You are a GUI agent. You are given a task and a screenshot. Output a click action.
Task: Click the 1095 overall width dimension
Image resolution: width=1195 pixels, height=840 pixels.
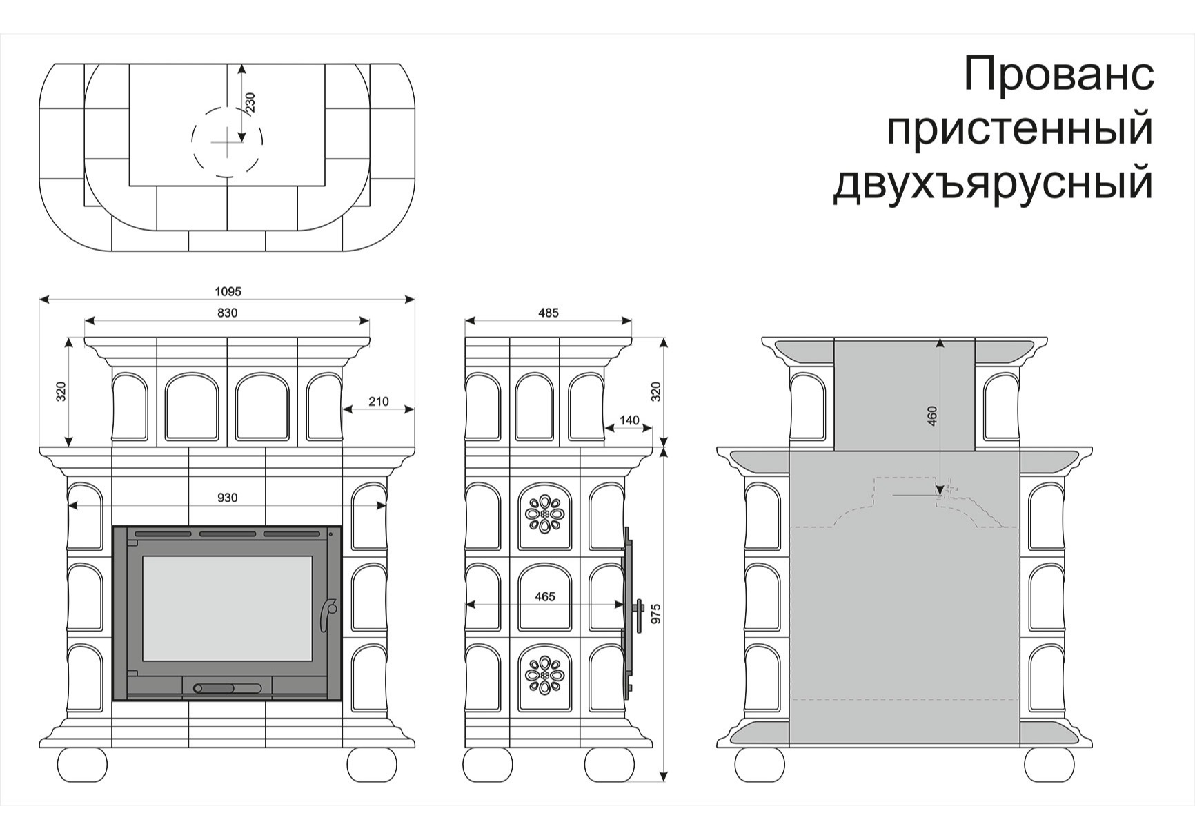228,292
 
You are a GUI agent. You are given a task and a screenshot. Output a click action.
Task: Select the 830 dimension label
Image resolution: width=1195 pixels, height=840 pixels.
227,313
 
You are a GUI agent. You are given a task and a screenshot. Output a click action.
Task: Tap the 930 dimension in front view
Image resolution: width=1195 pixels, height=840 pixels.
227,498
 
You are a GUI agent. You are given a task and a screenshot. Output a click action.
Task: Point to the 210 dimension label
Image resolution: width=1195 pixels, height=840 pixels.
378,402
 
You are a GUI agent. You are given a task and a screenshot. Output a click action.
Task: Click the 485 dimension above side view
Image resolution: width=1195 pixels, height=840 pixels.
548,313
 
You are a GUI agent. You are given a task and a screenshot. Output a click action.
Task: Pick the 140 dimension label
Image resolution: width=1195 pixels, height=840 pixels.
629,420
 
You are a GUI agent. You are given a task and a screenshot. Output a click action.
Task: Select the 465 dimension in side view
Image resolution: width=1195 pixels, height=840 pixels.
544,596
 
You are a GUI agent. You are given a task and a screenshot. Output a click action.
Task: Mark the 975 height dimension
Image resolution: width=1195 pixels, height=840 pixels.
655,614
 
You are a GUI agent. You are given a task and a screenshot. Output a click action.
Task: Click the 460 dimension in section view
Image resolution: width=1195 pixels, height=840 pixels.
932,416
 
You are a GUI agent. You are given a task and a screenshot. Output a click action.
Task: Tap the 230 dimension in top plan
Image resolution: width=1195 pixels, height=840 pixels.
250,102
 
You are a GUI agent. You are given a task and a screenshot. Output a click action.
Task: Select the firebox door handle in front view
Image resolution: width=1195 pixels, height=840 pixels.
328,614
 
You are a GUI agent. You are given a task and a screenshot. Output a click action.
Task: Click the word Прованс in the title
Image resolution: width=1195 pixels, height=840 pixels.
1058,74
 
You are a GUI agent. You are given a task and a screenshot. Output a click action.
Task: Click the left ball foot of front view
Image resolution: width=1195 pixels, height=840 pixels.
83,764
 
